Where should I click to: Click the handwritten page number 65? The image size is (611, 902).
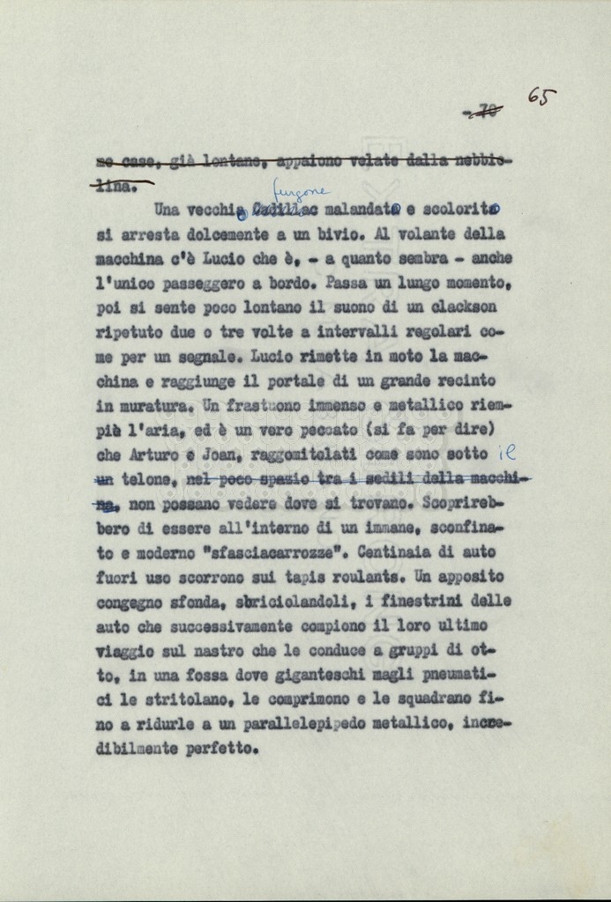pos(541,96)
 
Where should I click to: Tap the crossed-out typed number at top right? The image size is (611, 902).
pos(483,111)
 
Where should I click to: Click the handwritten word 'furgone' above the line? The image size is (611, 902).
pos(300,191)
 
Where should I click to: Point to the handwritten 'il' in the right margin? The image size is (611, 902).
pos(507,453)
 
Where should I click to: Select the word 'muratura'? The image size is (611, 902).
pos(155,407)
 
